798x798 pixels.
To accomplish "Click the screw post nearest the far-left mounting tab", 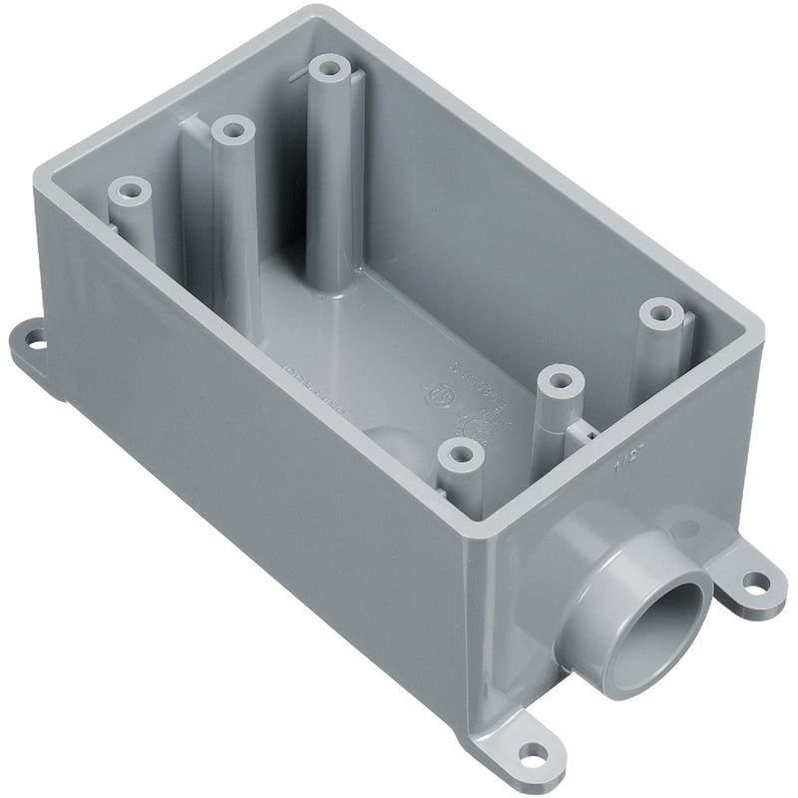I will point(128,189).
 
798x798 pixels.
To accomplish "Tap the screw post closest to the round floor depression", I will point(458,454).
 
